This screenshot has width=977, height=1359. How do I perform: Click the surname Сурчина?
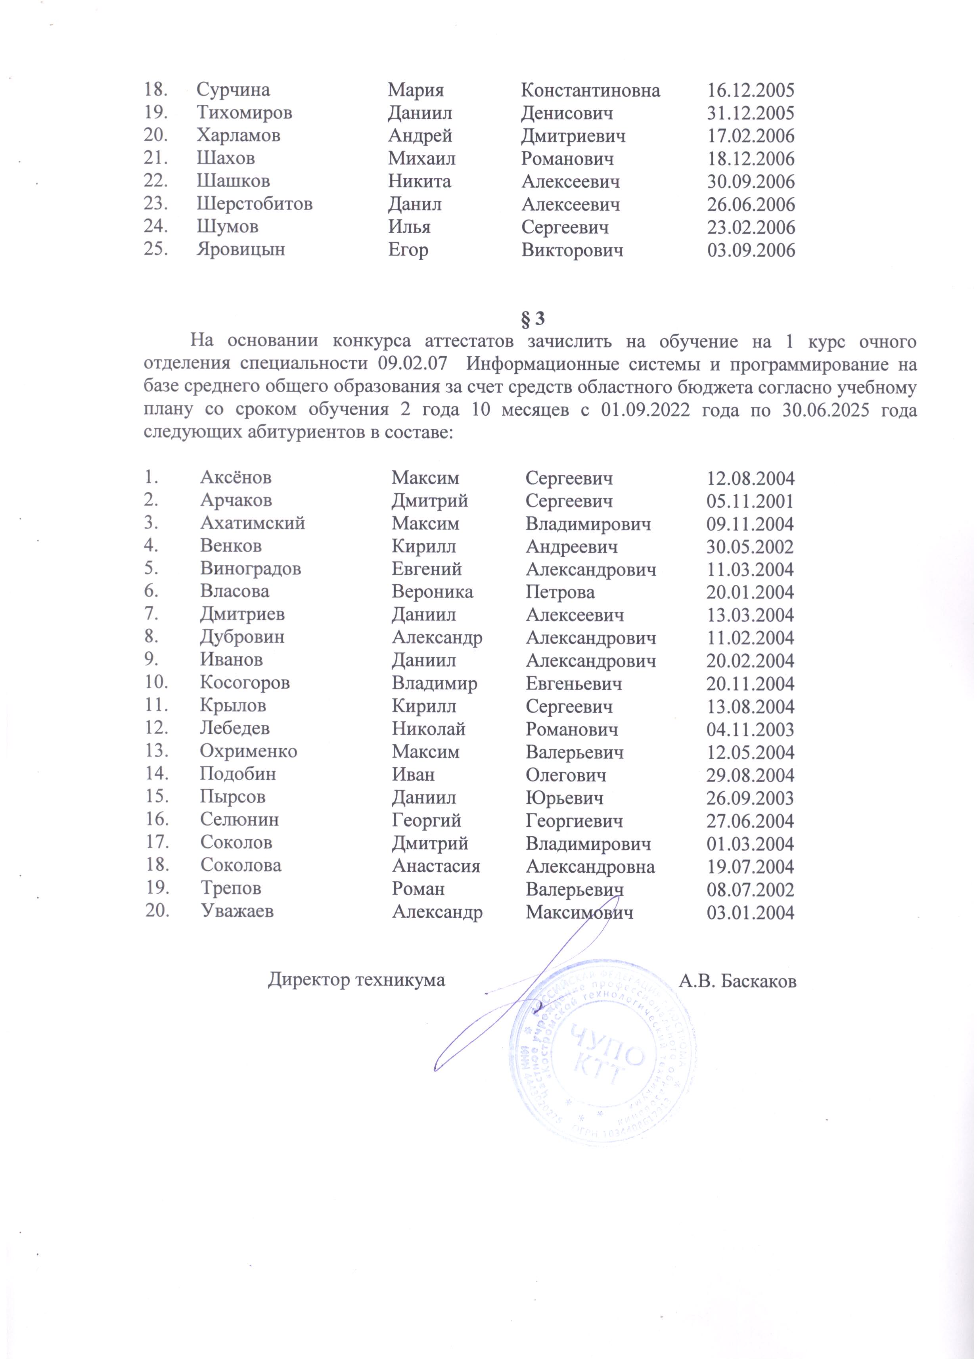click(233, 90)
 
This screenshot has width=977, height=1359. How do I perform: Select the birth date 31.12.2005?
click(751, 113)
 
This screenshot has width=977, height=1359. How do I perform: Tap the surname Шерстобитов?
click(255, 204)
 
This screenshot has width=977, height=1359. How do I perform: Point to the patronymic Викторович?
click(572, 250)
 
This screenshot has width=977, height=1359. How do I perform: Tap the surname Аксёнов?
click(236, 478)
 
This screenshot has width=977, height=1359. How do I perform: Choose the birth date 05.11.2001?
click(750, 501)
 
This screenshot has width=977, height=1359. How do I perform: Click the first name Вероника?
click(432, 592)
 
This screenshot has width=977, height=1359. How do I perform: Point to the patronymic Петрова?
click(560, 592)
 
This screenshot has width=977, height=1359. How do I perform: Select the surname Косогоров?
click(245, 683)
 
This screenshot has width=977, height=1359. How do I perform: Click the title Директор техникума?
click(356, 980)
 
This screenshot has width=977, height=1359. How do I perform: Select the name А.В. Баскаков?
click(738, 980)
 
